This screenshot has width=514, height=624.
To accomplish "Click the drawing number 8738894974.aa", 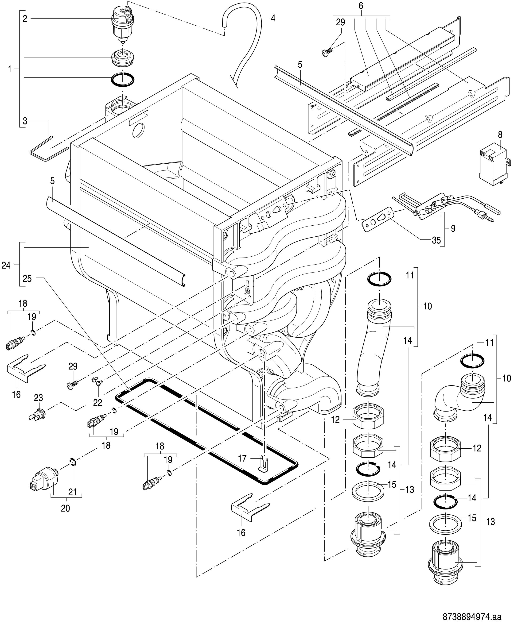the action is click(x=472, y=615).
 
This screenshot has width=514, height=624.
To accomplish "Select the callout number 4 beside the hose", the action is click(x=273, y=18).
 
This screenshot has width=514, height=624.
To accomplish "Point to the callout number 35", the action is click(x=436, y=240).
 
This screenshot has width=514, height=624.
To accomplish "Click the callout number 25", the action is click(x=27, y=279).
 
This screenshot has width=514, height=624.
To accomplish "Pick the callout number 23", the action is click(x=39, y=398).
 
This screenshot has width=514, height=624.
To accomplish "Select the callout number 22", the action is click(x=98, y=402).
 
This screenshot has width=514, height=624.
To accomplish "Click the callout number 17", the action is click(x=242, y=458).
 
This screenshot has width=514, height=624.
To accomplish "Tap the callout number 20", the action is click(x=66, y=508).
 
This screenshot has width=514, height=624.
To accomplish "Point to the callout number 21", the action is click(x=73, y=492).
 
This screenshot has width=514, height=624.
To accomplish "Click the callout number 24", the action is click(x=6, y=266).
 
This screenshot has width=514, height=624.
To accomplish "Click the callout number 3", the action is click(x=25, y=121).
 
